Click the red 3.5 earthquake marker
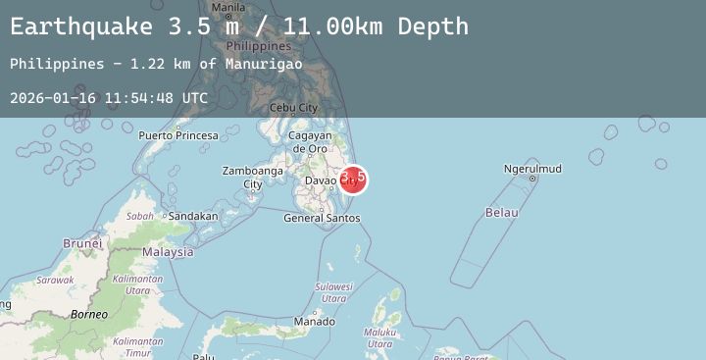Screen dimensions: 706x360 click(353, 179)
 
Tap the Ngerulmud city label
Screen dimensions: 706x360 click(532, 169)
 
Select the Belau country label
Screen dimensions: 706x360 click(501, 212)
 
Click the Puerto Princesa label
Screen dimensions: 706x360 click(177, 135)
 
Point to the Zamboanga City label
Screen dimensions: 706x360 click(253, 177)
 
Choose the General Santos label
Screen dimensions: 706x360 click(322, 218)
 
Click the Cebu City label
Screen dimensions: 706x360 click(293, 108)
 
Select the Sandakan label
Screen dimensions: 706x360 click(193, 216)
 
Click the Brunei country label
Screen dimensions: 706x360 click(82, 242)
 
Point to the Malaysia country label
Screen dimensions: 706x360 click(168, 252)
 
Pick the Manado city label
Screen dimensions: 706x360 click(314, 321)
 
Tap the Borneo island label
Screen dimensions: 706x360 click(88, 314)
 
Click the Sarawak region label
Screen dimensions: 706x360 click(55, 280)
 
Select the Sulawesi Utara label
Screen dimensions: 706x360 click(333, 292)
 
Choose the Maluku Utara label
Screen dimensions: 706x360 click(379, 337)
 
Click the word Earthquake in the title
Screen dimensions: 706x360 click(82, 26)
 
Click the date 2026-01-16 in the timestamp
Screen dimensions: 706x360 click(48, 98)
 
